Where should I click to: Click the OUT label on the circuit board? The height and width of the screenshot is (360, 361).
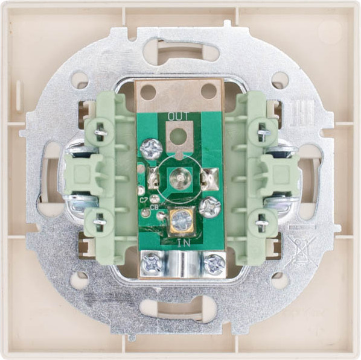coord(178,116)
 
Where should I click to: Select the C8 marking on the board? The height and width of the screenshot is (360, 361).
coord(155,208)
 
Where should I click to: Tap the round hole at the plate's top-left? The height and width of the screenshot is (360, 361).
coord(79,80)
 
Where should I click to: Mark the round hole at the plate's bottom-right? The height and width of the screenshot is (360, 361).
coord(280,279)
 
